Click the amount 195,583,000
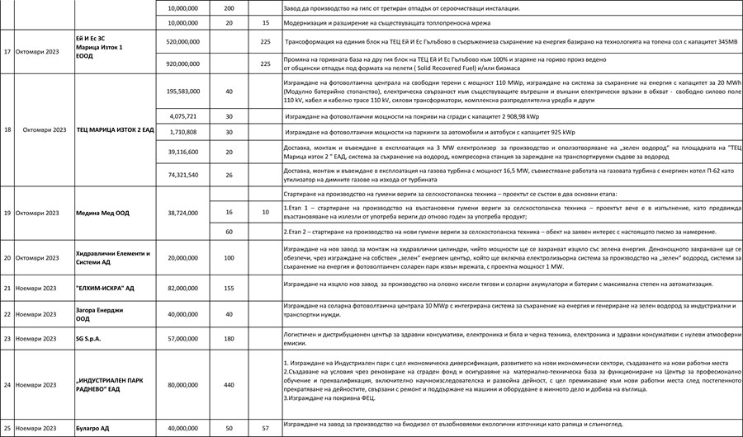coord(182,92)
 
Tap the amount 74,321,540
coord(182,175)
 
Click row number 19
coord(7,212)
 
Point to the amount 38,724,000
coord(182,212)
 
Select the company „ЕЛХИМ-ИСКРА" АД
coord(106,289)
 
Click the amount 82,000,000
coord(182,289)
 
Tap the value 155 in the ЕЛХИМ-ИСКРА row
coord(230,289)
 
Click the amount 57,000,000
coord(182,339)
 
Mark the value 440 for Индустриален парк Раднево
coord(230,384)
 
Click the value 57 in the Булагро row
coord(265,429)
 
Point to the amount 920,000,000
coord(182,63)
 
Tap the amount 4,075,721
coord(182,116)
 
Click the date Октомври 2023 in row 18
coord(45,130)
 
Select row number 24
coord(7,384)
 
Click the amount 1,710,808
coord(182,132)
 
